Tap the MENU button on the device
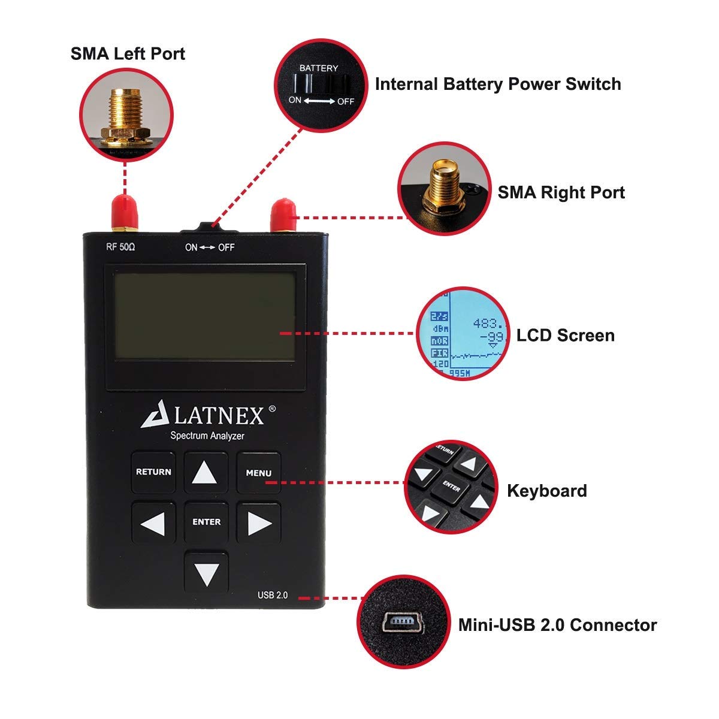258,473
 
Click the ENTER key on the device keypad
206,522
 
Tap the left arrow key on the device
153,524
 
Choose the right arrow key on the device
259,524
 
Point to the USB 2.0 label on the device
273,595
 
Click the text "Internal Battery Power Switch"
497,84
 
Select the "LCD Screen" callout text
565,335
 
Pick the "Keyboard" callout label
546,491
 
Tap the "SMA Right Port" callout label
561,192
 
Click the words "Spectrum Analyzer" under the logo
207,436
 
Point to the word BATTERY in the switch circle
319,68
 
